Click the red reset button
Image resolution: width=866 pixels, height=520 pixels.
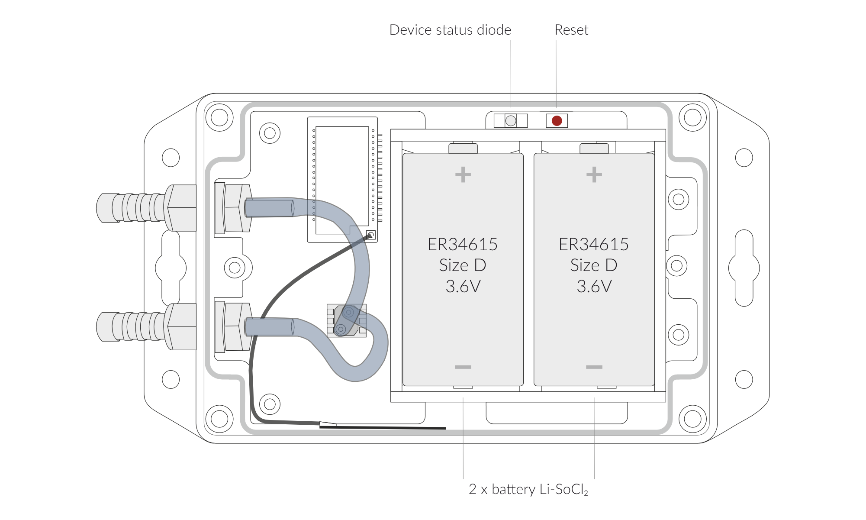point(557,121)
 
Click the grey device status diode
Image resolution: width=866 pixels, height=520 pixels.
point(511,121)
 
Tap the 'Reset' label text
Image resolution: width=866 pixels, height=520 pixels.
point(571,30)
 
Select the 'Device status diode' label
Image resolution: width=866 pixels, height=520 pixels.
point(450,30)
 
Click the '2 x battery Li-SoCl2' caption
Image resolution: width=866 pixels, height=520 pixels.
point(528,490)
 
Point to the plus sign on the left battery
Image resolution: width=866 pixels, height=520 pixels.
point(463,175)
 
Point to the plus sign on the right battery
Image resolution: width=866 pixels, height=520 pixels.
point(594,175)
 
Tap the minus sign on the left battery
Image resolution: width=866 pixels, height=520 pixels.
point(463,367)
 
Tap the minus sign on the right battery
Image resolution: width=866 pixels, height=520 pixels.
point(594,367)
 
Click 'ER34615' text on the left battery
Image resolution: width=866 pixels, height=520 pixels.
point(463,245)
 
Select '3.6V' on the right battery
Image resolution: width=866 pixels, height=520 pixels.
point(594,287)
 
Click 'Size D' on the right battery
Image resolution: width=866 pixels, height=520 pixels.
point(594,265)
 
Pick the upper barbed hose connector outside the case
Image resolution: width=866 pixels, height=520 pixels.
point(146,208)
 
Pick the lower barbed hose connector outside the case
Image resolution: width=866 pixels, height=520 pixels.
point(146,326)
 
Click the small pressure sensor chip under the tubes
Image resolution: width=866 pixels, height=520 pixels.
point(347,321)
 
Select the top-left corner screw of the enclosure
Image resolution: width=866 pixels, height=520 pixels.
point(219,117)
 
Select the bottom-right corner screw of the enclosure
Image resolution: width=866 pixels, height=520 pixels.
point(693,419)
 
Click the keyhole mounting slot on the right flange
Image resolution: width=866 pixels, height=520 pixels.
point(744,268)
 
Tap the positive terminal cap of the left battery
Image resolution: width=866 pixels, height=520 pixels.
point(463,148)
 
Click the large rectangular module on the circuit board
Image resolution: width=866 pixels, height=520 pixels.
point(342,180)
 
